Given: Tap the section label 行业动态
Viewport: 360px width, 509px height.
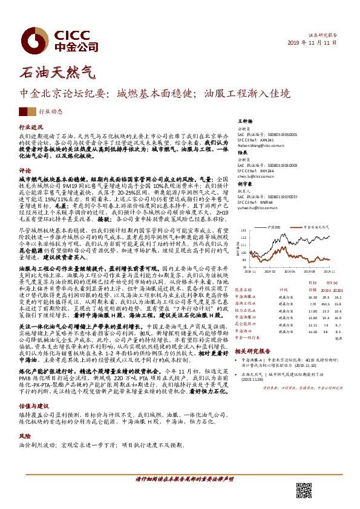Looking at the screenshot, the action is tap(51, 112).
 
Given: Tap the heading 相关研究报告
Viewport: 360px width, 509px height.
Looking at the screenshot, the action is tap(252, 350).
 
